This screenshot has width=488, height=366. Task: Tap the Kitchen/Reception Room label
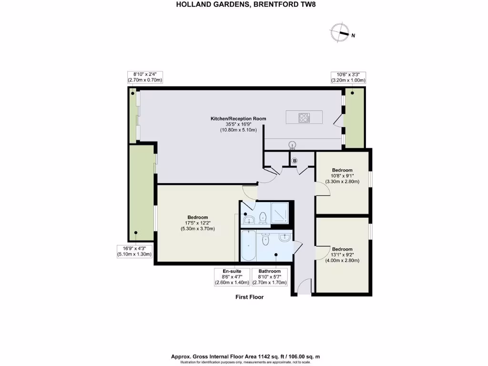point(238,124)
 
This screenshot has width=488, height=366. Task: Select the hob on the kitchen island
point(304,117)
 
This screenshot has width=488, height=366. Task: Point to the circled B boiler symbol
point(295,161)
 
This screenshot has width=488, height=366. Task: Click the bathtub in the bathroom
point(248,246)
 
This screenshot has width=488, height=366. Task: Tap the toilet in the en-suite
point(262,217)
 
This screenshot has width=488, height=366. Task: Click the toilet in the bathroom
point(265,241)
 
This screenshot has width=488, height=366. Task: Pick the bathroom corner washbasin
point(285,237)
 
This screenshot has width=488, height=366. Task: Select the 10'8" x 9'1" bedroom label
point(342,176)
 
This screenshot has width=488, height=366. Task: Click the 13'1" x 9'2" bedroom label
point(342,254)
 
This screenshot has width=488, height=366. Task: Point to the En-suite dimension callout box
point(232,277)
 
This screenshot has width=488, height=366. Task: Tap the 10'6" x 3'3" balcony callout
point(348,78)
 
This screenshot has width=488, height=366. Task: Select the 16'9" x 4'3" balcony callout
point(134,251)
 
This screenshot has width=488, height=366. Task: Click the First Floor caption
point(249,297)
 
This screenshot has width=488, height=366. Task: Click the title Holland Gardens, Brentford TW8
point(244,5)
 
